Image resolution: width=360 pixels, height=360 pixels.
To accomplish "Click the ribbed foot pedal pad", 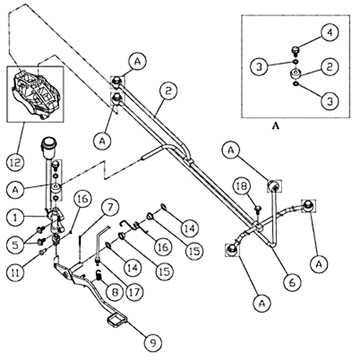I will pos(116,321).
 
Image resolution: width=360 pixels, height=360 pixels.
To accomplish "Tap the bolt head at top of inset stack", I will pos(295,49).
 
